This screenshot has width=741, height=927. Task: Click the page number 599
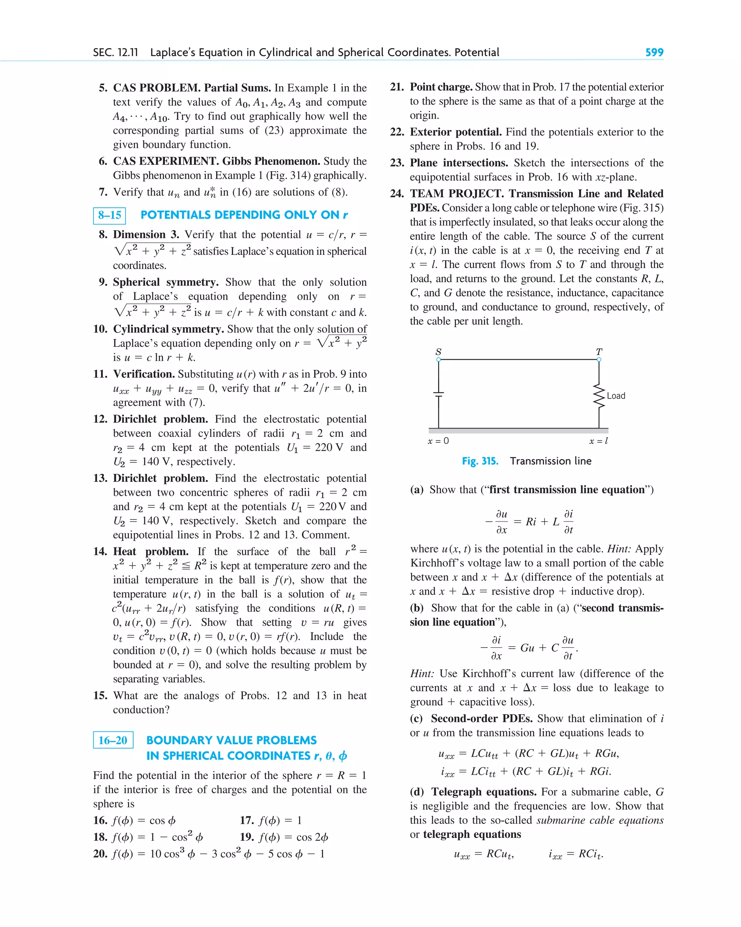[x=654, y=52]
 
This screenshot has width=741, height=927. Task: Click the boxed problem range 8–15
[x=110, y=215]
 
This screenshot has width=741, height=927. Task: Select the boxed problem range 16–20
[x=113, y=740]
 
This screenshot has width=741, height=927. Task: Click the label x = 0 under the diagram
[x=438, y=441]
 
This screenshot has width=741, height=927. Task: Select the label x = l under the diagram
[x=598, y=441]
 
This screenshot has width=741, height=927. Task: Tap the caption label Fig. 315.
[x=480, y=461]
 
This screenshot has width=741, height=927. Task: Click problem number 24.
[x=397, y=194]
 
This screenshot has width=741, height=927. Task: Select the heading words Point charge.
[x=441, y=87]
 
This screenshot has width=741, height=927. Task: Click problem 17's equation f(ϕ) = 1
[x=280, y=820]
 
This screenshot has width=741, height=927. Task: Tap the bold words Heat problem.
[x=151, y=551]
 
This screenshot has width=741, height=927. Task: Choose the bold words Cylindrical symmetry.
[x=168, y=329]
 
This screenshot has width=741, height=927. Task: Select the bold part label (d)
[x=416, y=792]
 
